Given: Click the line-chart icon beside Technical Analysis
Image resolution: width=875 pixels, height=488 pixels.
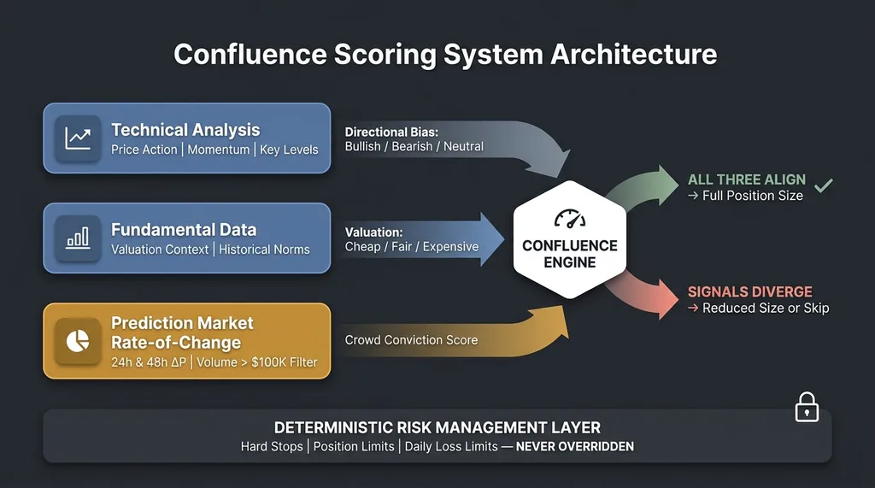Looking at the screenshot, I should (x=78, y=138).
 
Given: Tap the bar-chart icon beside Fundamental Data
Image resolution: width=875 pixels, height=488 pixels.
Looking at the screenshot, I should (x=78, y=238).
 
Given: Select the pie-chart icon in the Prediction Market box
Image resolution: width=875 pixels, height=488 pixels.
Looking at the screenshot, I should (x=78, y=340).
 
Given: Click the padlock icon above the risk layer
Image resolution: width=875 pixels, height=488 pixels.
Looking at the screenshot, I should (x=807, y=408).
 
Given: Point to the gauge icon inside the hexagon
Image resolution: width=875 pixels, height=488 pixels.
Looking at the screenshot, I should (x=570, y=220).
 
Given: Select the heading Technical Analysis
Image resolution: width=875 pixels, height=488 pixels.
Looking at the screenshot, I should (x=185, y=130).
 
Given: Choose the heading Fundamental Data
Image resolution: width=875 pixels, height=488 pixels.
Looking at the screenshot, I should (x=184, y=230).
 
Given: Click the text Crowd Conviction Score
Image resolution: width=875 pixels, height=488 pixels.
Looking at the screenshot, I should (x=411, y=339).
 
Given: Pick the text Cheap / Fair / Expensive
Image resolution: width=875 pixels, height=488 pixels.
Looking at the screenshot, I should (x=412, y=246).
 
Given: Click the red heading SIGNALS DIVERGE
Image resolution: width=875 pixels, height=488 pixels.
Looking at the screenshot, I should (x=750, y=291).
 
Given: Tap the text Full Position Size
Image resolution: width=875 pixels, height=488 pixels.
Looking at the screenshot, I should (x=753, y=196).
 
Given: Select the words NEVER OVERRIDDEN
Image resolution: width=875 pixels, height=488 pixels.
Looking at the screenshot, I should (x=574, y=446).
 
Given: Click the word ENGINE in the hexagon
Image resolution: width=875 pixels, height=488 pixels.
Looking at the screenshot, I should (x=570, y=262).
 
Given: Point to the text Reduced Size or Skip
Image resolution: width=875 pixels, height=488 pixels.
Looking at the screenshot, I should (x=766, y=308).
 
